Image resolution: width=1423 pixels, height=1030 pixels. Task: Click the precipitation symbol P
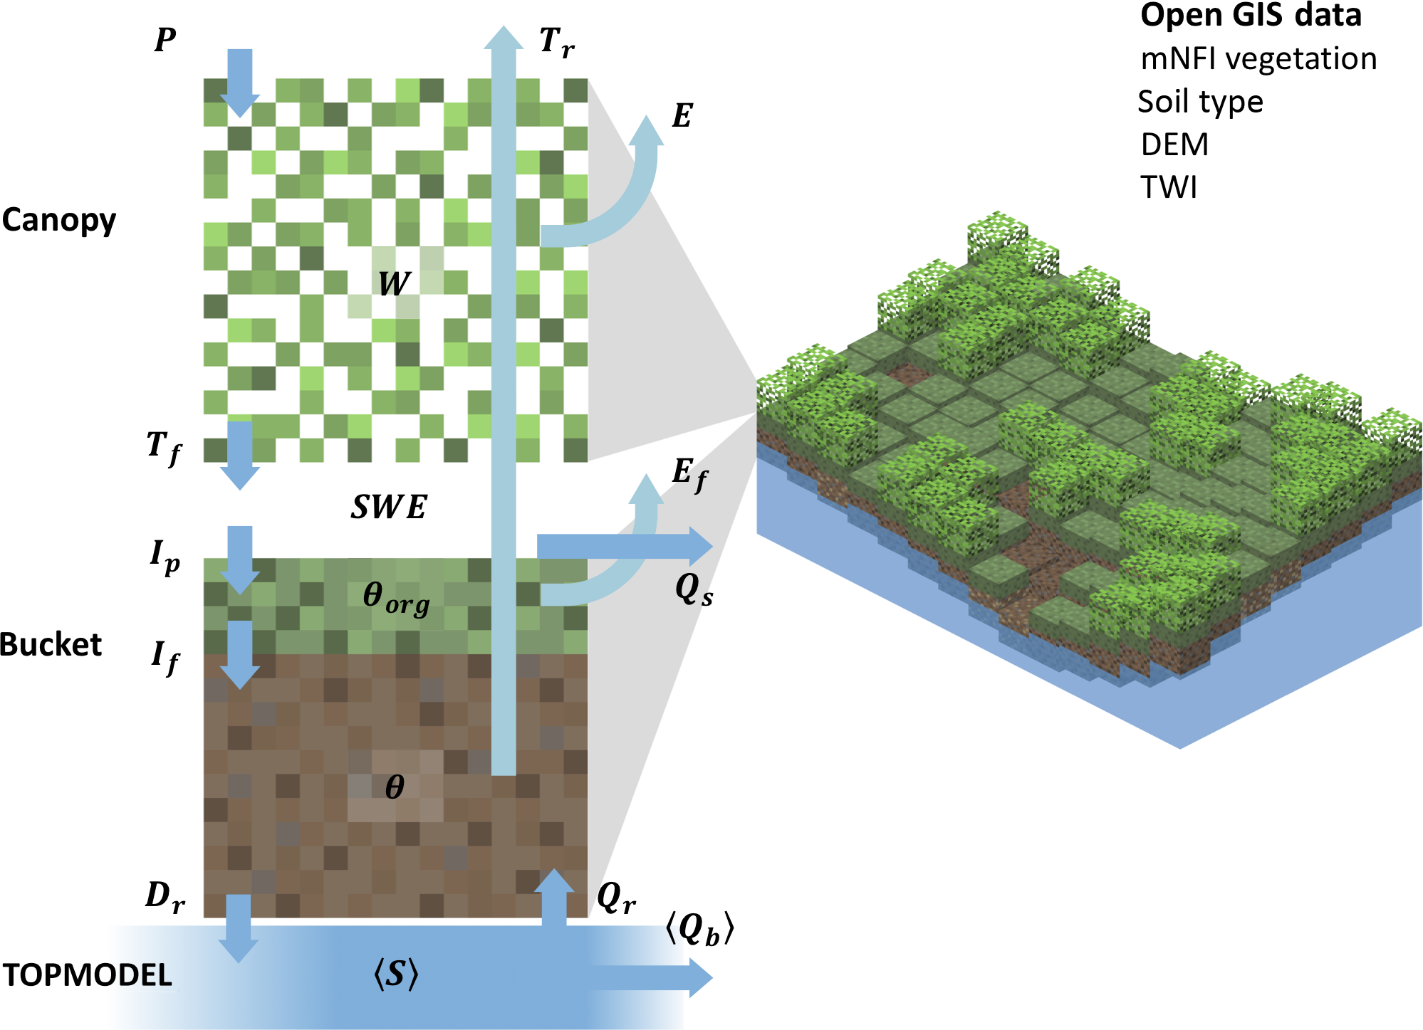[165, 40]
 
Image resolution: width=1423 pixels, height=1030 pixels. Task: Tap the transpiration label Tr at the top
[556, 43]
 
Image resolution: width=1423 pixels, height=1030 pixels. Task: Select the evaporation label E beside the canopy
[682, 116]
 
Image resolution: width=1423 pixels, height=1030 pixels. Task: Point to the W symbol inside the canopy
[394, 284]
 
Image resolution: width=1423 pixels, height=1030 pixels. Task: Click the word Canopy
[59, 221]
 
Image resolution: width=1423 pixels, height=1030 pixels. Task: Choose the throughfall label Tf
[164, 448]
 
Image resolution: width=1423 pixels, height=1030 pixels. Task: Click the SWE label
[389, 508]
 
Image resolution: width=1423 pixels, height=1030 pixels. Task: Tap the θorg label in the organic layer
[396, 597]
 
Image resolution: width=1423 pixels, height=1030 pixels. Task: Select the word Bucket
[51, 645]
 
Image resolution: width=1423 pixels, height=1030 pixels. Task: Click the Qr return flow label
[616, 898]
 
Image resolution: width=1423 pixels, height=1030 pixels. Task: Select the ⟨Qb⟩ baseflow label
[699, 929]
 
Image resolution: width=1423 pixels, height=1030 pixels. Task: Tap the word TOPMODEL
[88, 975]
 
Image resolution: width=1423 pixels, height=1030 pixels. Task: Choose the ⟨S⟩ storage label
[396, 974]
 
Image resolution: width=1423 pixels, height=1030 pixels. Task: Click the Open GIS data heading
[1251, 16]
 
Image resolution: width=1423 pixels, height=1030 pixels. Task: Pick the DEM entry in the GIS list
[1174, 144]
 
